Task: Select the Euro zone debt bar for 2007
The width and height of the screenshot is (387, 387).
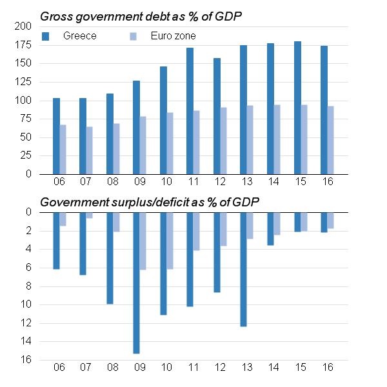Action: coord(90,150)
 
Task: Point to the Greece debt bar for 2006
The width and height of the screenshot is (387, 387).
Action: coord(56,136)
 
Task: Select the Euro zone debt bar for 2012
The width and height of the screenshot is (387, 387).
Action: coord(223,141)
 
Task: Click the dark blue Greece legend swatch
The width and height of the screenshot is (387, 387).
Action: coord(46,35)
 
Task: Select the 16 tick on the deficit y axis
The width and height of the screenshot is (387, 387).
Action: coord(26,360)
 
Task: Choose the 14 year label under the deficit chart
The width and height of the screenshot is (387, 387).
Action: coord(273,368)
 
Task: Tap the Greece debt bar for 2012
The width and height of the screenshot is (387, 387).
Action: coord(217,137)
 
